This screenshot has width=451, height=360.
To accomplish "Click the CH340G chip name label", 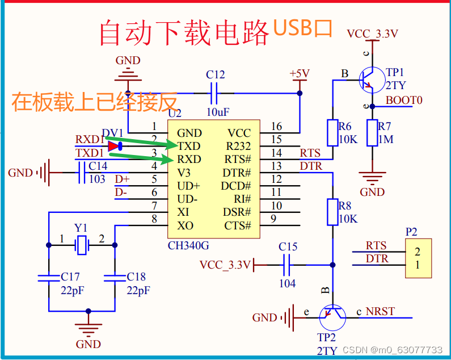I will coord(189,246).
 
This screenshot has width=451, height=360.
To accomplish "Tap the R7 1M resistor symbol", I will coord(372,132).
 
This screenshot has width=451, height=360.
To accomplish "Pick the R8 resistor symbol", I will coord(333,212).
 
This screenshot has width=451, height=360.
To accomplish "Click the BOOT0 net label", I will coord(404,101).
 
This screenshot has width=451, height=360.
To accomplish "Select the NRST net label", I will coord(380,312).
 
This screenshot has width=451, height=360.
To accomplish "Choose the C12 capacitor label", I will coord(216,75).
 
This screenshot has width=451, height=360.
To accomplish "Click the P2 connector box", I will coord(417,258).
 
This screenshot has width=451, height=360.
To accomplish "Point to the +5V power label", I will coord(300,74).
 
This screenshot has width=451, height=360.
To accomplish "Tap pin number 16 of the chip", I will coord(276,127).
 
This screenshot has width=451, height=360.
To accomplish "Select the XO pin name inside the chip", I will coord(185,225).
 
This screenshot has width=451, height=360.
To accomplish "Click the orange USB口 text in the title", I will coord(302,28).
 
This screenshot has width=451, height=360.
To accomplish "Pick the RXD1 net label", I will coord(90,140).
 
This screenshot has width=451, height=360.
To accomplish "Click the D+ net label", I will coord(122,179).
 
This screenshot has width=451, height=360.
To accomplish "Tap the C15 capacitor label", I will coord(288,247).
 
